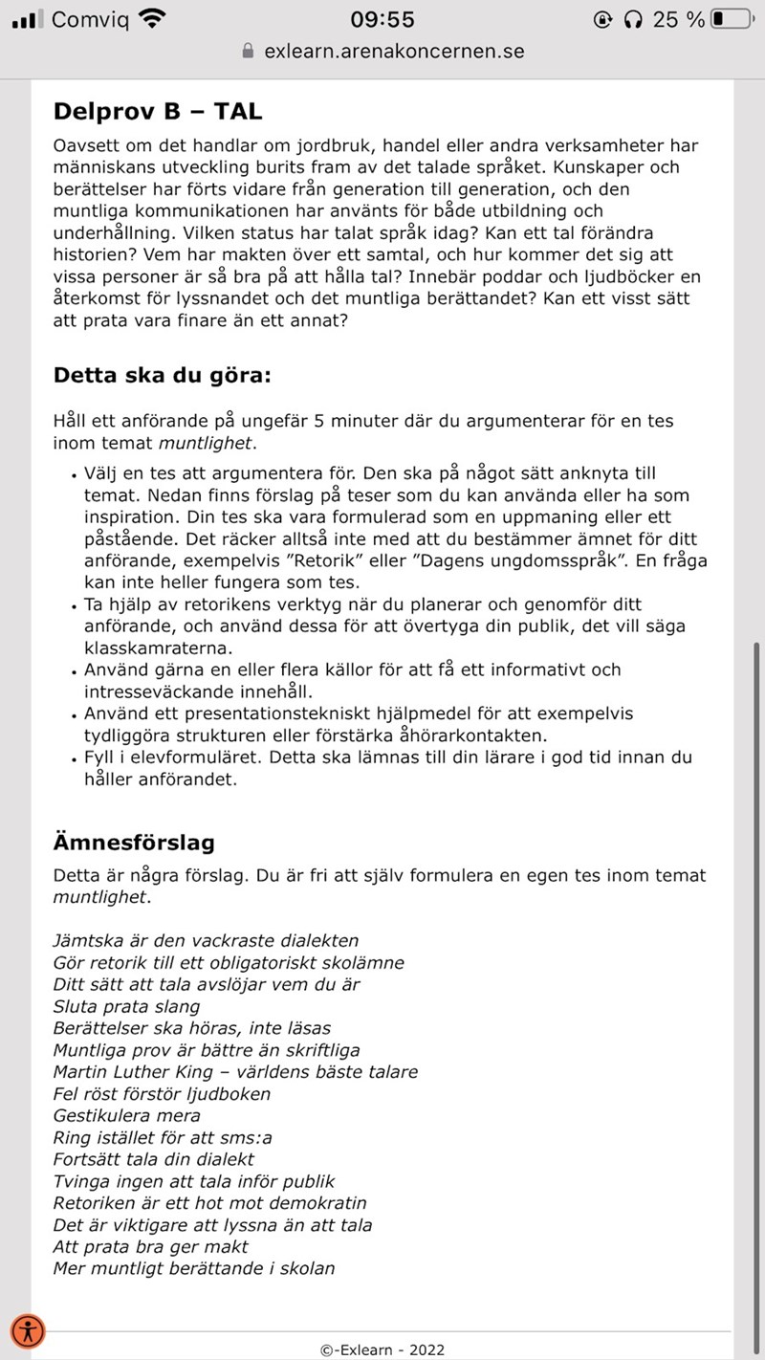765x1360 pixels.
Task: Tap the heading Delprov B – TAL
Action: pos(158,112)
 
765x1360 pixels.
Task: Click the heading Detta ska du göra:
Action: pos(163,375)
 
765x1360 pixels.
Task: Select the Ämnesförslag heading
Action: pos(134,843)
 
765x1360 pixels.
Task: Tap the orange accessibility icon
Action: pos(28,1330)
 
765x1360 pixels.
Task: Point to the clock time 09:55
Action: pos(382,19)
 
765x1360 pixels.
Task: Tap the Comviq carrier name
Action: pos(91,19)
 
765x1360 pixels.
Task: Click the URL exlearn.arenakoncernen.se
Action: pos(394,52)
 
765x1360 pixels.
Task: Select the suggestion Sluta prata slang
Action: pos(126,1006)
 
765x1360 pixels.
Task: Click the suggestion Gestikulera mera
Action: pos(126,1116)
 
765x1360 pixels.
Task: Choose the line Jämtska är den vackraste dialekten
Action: pos(206,940)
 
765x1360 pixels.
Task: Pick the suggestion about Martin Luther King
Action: pos(235,1072)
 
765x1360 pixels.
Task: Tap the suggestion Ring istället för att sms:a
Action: pos(163,1138)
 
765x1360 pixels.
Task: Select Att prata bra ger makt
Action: pos(150,1247)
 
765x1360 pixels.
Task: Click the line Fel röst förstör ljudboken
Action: pos(162,1094)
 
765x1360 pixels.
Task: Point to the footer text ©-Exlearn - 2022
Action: pos(382,1350)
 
